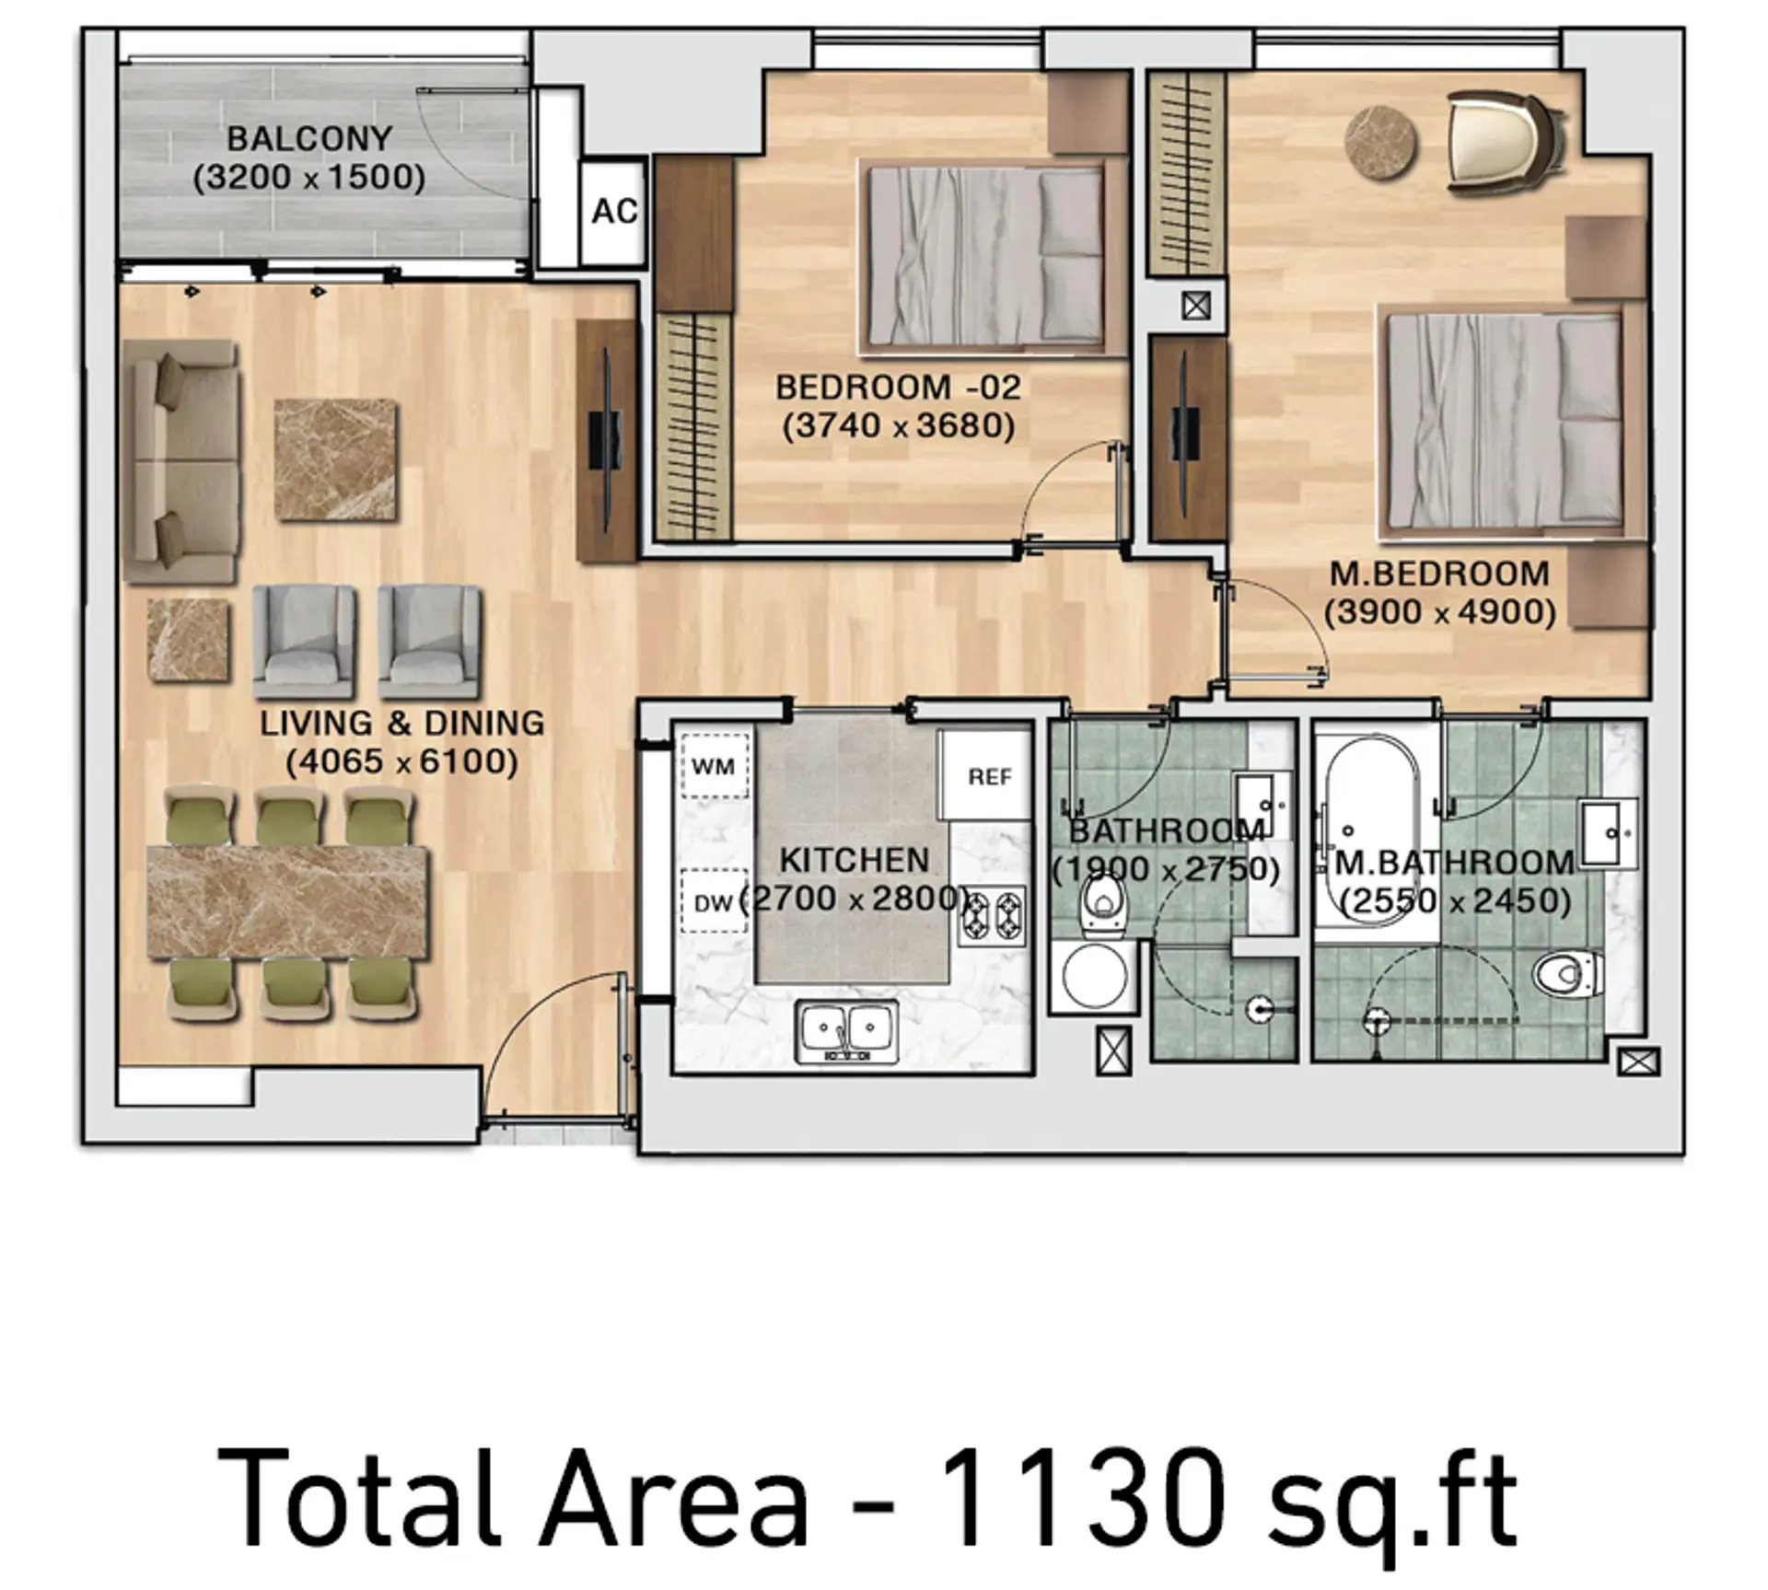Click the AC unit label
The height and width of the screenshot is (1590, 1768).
tap(614, 211)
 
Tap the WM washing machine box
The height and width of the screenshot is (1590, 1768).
tap(714, 765)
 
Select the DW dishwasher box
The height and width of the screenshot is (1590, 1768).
tap(713, 902)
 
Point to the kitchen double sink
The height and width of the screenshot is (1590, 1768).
tap(848, 1032)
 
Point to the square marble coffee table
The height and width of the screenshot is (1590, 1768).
tap(336, 459)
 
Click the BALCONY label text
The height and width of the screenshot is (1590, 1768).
tap(310, 139)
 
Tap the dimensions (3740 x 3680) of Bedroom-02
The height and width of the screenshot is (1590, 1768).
tap(899, 426)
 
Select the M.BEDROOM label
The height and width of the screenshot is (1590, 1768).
tap(1439, 574)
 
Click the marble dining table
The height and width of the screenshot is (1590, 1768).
tap(288, 903)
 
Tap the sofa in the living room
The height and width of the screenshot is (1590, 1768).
tap(181, 460)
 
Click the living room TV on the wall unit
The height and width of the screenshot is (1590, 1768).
tap(606, 441)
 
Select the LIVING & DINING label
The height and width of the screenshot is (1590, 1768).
tap(401, 724)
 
